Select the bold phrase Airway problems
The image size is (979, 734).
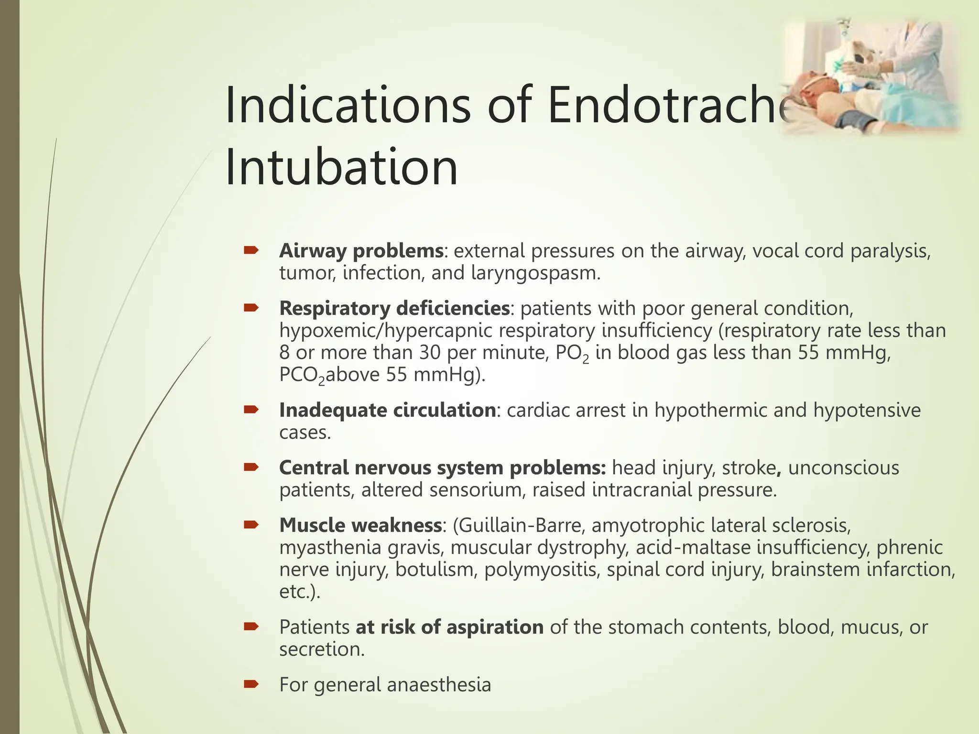[361, 251]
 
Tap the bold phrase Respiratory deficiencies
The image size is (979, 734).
[394, 308]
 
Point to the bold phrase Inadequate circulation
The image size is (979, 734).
[387, 410]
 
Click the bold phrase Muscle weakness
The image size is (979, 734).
[360, 525]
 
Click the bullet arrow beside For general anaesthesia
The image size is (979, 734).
[250, 684]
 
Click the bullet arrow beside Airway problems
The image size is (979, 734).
[250, 250]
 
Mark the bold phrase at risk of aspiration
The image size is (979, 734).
[449, 627]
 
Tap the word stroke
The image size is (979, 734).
[749, 468]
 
